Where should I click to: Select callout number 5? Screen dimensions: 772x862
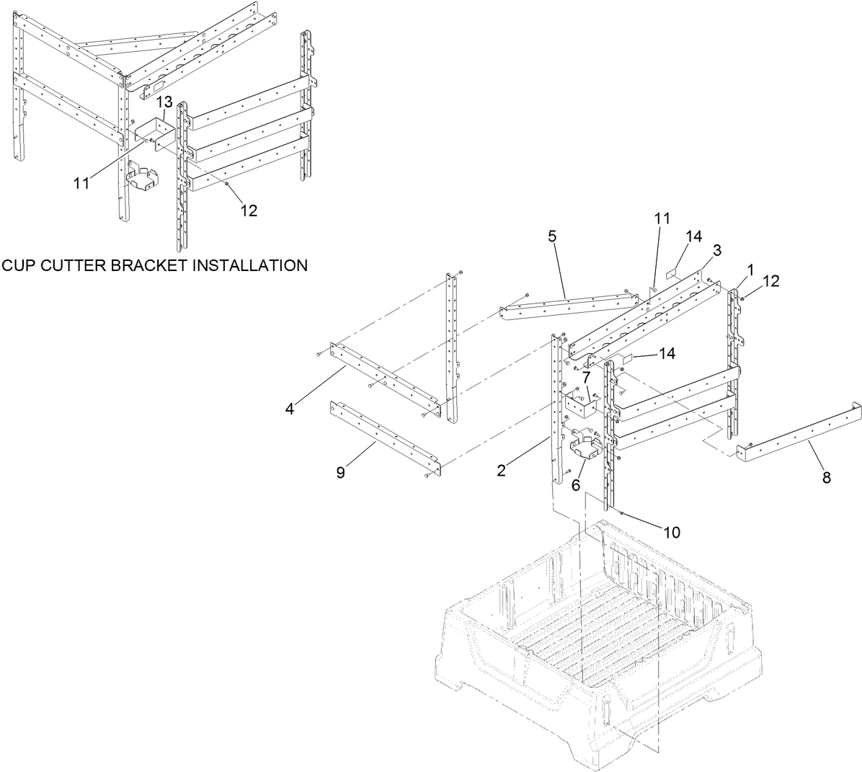(552, 236)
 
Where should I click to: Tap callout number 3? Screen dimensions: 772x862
(716, 250)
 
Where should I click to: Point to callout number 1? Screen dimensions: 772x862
(750, 270)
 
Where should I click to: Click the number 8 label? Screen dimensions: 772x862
(826, 477)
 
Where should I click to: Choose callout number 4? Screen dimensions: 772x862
(289, 409)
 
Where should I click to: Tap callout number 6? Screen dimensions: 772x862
(576, 486)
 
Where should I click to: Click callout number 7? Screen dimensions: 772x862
(587, 376)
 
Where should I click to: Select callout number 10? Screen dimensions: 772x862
(671, 533)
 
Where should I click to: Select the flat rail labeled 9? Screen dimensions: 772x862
(382, 436)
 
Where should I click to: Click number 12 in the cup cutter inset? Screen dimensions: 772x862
(249, 210)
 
